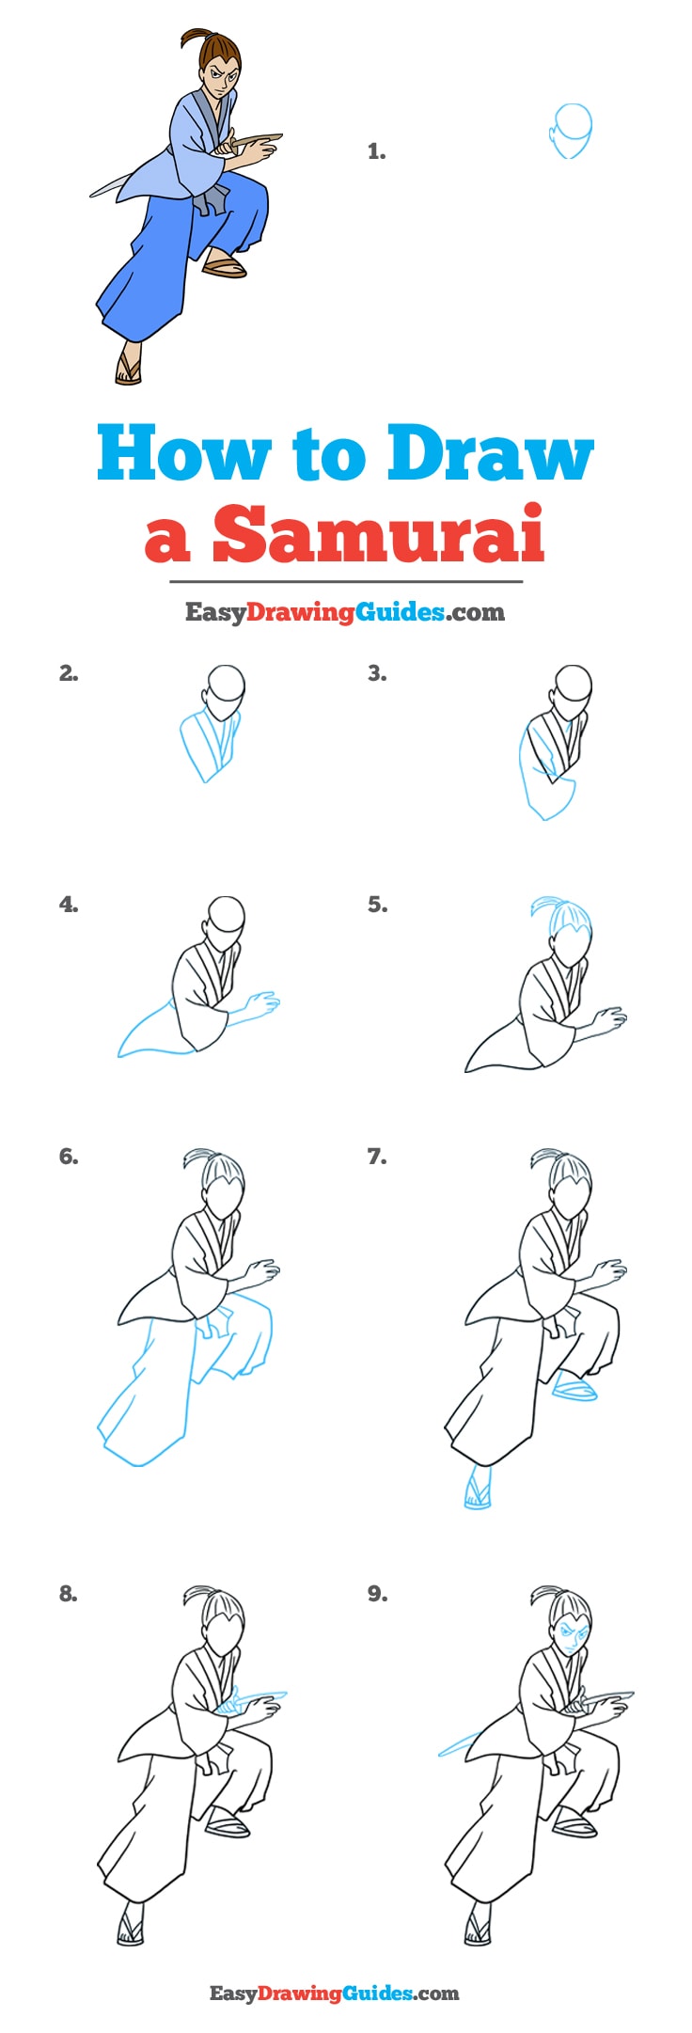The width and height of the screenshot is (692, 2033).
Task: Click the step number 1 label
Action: [376, 151]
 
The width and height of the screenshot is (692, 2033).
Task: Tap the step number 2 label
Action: [68, 673]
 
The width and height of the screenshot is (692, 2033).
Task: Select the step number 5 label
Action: [377, 905]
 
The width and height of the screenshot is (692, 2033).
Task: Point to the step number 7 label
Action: [377, 1157]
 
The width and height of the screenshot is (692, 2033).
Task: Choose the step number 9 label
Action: [377, 1594]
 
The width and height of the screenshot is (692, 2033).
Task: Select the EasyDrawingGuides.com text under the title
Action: [345, 612]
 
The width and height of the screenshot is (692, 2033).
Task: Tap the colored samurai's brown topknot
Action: [196, 40]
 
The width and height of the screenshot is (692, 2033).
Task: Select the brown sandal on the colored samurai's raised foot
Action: [225, 268]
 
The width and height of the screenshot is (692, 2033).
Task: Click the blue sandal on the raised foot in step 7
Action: [574, 1388]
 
